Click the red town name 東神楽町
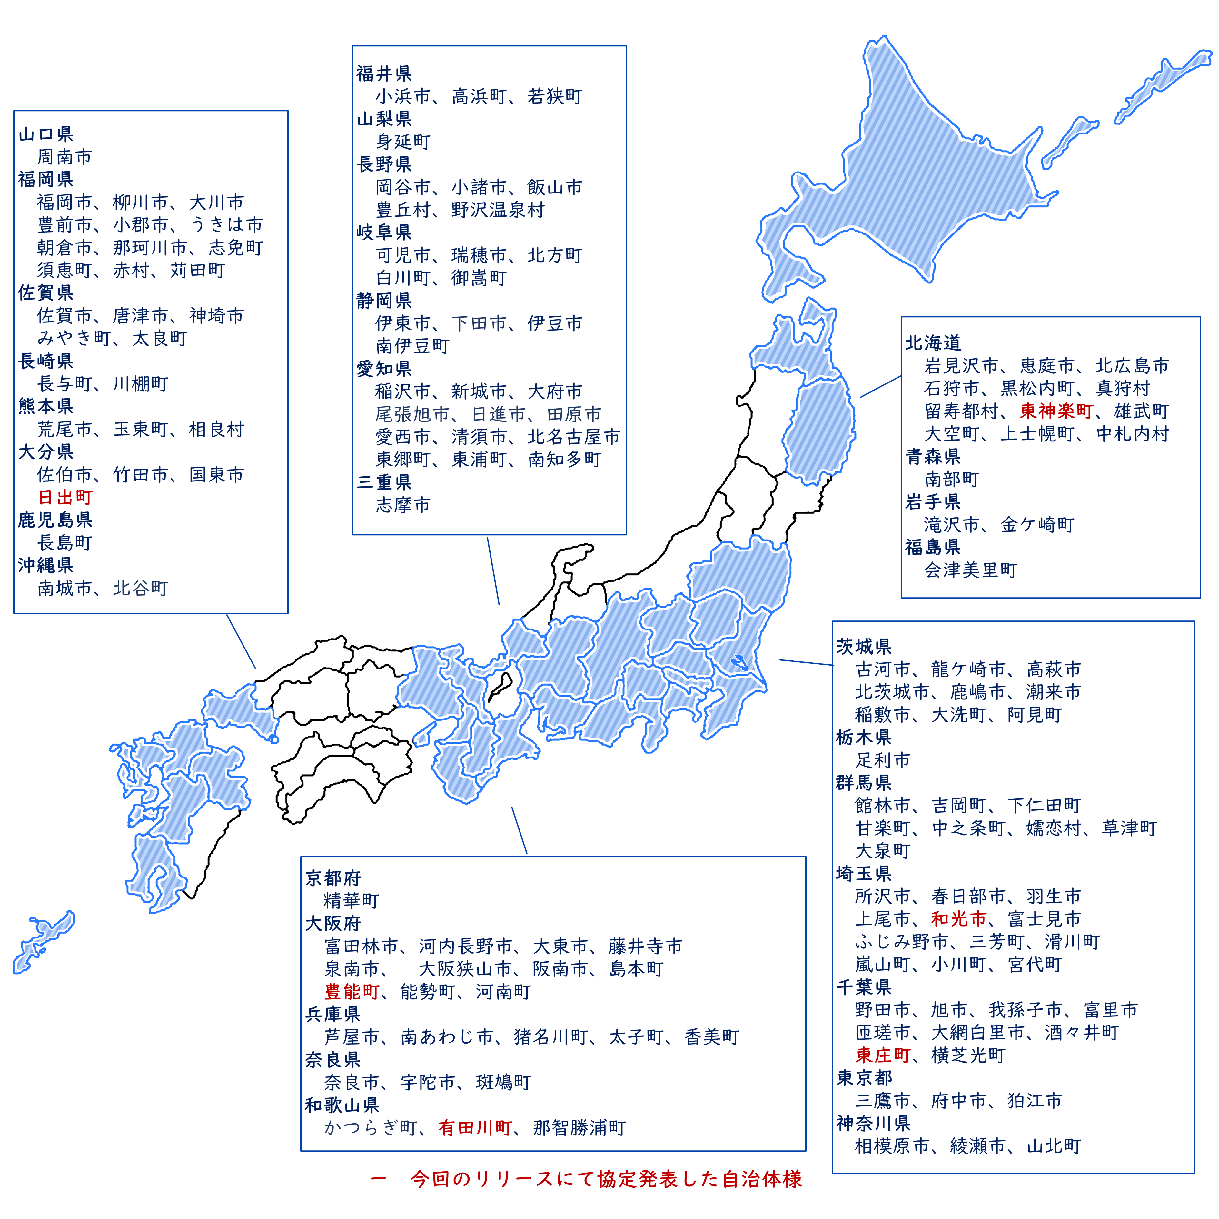point(1056,411)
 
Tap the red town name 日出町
point(65,498)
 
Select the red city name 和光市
point(958,919)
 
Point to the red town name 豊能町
point(352,992)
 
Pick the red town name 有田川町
point(475,1128)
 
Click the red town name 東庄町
point(883,1055)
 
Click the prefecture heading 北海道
point(933,343)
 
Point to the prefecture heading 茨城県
point(864,647)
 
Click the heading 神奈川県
point(873,1124)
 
